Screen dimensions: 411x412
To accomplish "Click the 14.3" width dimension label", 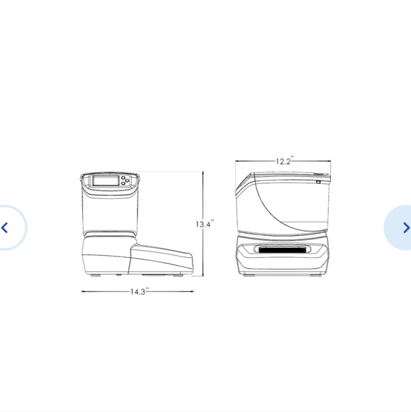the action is pos(139,291).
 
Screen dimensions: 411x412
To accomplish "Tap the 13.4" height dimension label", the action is pos(205,224).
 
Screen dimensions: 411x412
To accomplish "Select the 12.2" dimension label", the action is pos(285,161).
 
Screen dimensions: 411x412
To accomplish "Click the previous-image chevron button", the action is pos(4,227).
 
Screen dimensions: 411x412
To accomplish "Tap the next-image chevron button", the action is pos(406,227).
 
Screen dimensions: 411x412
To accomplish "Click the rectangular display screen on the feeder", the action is pos(106,180).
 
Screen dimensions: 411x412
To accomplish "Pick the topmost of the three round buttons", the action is pos(124,178).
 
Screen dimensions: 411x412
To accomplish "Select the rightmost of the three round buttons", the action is pos(127,180).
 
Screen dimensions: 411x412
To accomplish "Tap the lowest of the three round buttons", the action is pos(124,183).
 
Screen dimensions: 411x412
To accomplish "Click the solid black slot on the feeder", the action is pos(283,249).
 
